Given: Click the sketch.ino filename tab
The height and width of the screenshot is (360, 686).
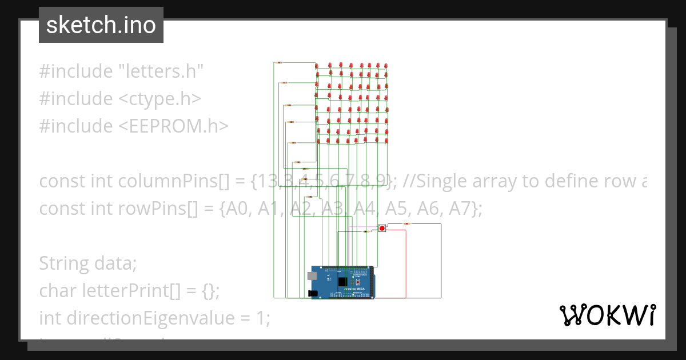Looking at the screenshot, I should pos(101,25).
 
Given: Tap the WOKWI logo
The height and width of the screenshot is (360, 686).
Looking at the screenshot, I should pos(607,315).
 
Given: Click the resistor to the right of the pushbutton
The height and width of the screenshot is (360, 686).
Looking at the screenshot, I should pos(406,223).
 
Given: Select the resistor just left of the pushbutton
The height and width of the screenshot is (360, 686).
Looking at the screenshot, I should pos(365,231).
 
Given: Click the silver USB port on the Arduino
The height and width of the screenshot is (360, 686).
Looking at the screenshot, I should pos(312,275).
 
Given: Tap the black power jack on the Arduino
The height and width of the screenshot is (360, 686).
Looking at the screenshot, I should pos(312,293).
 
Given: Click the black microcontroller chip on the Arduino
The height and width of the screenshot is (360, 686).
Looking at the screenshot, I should pos(342,282).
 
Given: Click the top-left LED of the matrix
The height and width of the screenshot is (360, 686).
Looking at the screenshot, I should pos(318,66).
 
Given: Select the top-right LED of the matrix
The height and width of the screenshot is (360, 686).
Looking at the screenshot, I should pos(386,66).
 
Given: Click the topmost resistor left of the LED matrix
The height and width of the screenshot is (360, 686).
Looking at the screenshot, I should pos(279,62).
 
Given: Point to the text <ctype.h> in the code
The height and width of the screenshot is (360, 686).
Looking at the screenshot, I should pos(159,99).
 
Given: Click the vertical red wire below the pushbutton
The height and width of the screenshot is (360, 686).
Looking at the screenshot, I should pos(406,263).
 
